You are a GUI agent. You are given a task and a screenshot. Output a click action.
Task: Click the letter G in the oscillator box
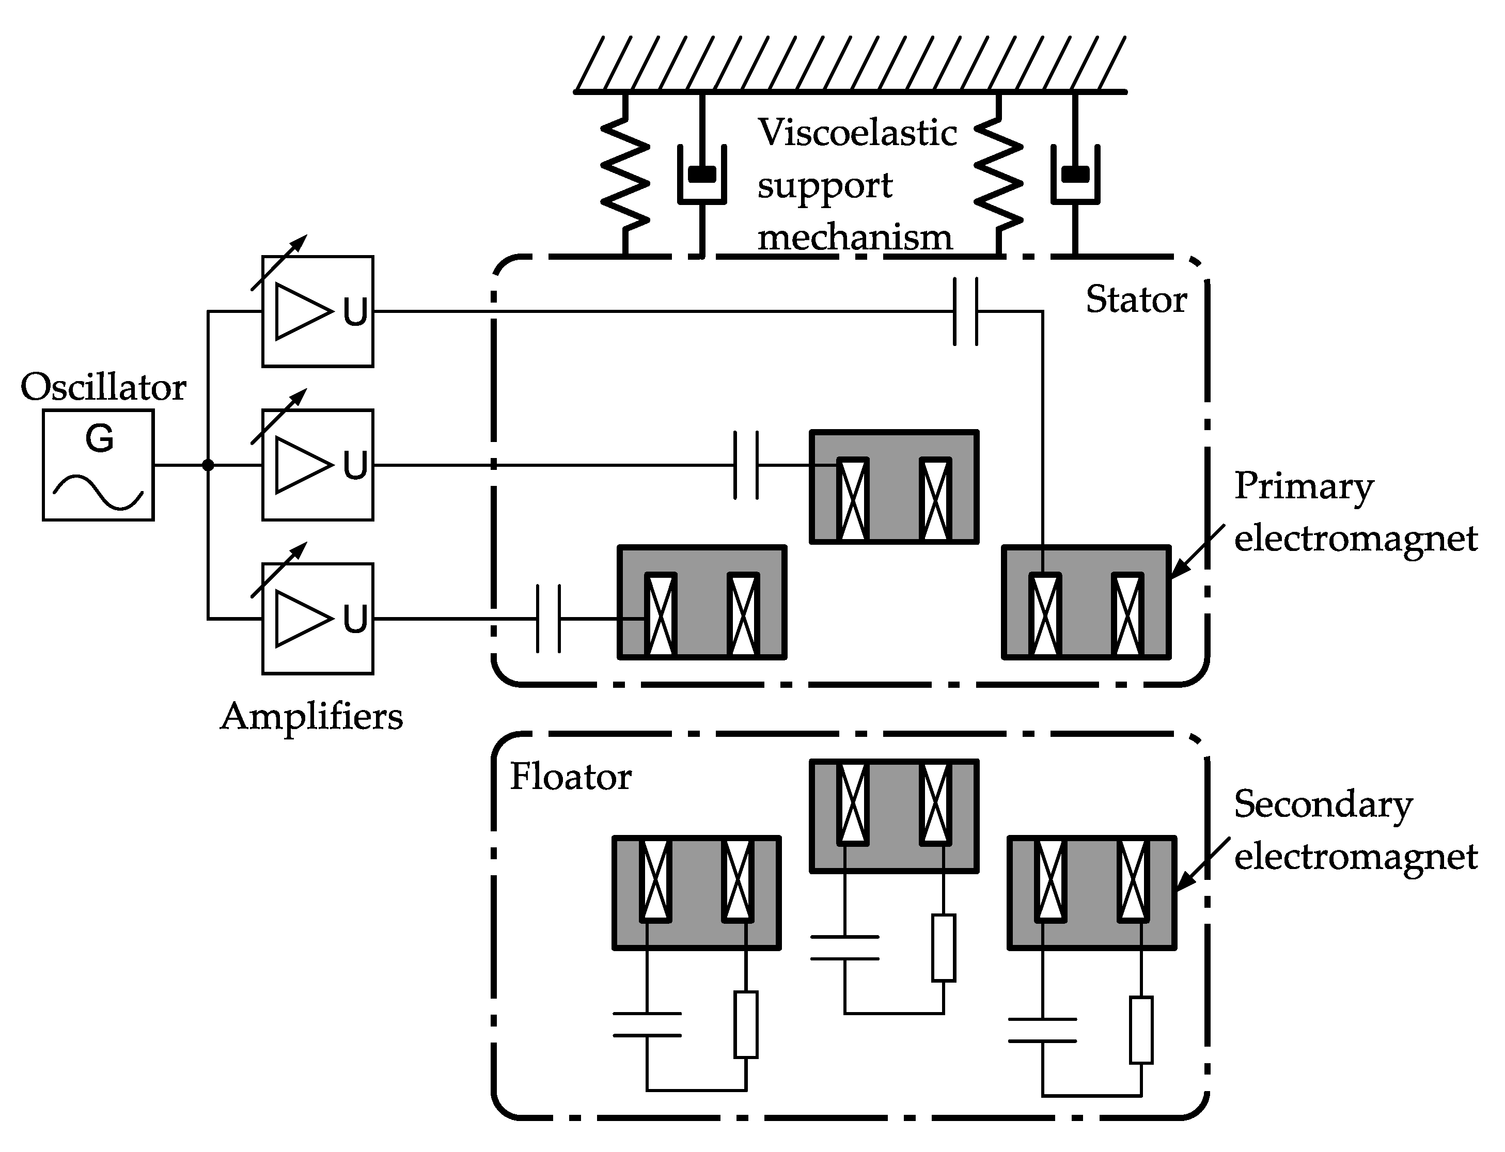coord(100,439)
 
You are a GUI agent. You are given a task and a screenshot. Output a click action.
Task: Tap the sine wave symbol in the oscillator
coord(98,492)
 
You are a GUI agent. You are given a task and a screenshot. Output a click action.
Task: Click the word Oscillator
coord(103,387)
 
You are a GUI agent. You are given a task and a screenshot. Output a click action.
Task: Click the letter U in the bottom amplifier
coord(355,620)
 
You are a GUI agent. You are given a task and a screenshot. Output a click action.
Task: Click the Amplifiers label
coord(311,717)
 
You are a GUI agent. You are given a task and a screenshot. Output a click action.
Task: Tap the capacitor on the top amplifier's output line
coord(965,311)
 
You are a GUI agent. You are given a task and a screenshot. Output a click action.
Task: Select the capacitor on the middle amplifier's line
coord(746,465)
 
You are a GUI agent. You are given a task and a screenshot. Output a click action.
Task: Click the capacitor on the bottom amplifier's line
coord(548,619)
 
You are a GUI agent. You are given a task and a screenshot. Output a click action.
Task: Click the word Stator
coord(1136,299)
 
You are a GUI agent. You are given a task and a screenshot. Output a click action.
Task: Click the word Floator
coord(570,777)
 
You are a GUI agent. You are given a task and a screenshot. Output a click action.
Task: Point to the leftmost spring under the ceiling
coord(625,175)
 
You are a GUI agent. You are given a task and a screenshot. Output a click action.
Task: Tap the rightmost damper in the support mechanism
coord(1075,175)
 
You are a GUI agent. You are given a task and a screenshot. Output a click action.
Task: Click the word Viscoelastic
coord(857,132)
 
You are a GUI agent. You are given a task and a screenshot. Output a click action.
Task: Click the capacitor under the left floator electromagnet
coord(646,1024)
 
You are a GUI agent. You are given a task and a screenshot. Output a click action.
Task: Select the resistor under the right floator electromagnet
coord(1141,1030)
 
